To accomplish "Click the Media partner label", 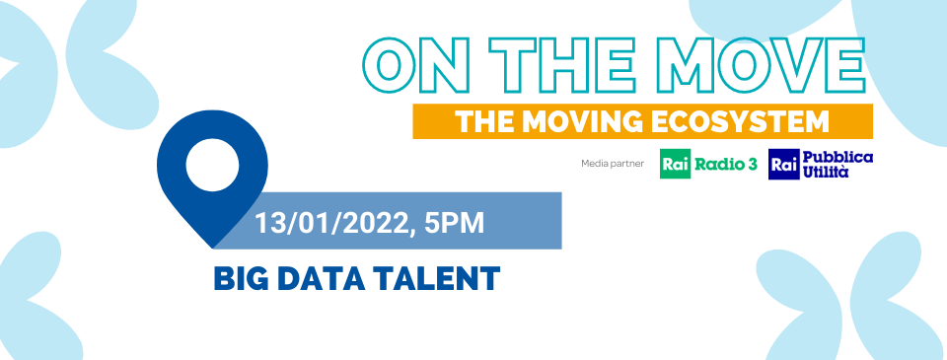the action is pyautogui.click(x=613, y=164).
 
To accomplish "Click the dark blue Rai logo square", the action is pyautogui.click(x=784, y=164).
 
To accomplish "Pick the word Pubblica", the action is pyautogui.click(x=838, y=157).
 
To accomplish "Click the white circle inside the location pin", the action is pyautogui.click(x=212, y=165).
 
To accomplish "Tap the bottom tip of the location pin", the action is pyautogui.click(x=212, y=248).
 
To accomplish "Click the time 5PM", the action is pyautogui.click(x=454, y=223).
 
